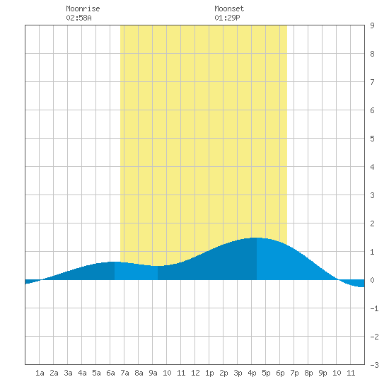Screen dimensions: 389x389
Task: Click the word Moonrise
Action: [83, 8]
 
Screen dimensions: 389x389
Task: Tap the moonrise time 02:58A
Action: [79, 18]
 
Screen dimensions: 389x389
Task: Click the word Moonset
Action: [229, 8]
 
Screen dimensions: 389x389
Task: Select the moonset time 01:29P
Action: [227, 18]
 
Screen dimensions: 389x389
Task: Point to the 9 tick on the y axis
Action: [372, 25]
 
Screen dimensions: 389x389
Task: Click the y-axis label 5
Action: [372, 139]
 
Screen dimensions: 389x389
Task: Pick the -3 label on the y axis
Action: [374, 365]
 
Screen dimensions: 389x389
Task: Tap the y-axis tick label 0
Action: [372, 280]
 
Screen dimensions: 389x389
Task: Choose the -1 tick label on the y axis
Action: [374, 308]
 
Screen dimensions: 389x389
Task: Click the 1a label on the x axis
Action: [40, 373]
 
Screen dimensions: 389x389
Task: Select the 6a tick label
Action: [110, 373]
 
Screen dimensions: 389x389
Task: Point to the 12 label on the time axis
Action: [195, 373]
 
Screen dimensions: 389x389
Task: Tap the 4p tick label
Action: [252, 373]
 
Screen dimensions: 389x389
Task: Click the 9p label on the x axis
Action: [323, 373]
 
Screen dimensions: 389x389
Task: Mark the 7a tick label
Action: [124, 373]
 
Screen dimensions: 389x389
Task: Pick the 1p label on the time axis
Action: [209, 373]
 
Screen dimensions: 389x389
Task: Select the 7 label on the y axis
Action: [372, 82]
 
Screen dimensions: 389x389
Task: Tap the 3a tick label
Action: [68, 373]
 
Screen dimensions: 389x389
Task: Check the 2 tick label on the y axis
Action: [372, 223]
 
